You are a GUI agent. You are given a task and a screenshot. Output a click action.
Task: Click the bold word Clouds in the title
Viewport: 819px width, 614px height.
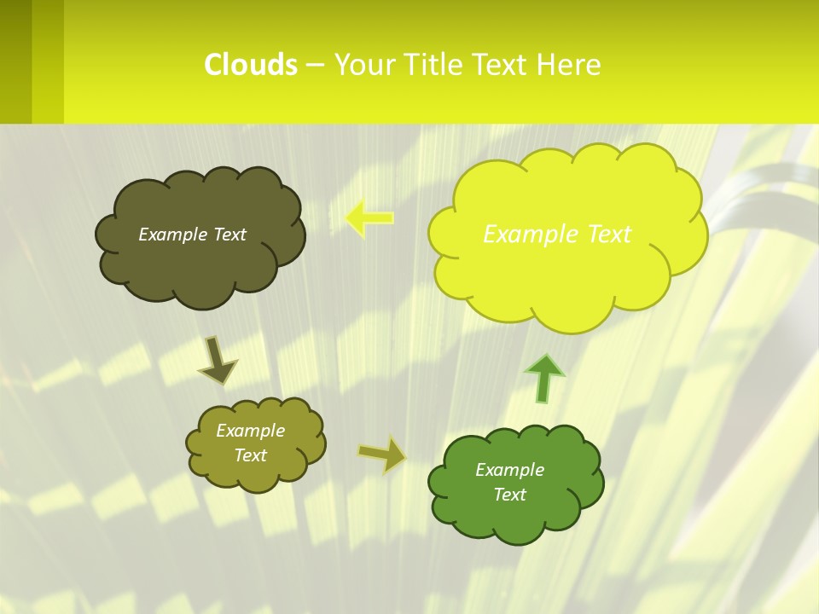pyautogui.click(x=251, y=65)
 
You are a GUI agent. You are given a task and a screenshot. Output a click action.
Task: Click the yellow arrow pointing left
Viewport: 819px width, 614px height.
pyautogui.click(x=369, y=218)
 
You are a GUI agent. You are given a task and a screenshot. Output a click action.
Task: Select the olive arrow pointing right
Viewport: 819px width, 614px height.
pyautogui.click(x=381, y=454)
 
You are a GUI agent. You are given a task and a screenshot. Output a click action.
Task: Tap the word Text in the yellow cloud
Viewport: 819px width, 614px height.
pyautogui.click(x=603, y=234)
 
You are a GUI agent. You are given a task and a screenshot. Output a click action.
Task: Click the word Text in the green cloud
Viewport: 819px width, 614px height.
pyautogui.click(x=509, y=495)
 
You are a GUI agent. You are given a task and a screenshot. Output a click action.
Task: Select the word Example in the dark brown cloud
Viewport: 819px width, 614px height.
pyautogui.click(x=171, y=235)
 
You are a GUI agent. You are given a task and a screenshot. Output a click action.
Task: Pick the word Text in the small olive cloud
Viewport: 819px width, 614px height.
pyautogui.click(x=250, y=455)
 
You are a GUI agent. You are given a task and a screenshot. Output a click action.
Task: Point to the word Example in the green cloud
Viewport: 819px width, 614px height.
pyautogui.click(x=509, y=470)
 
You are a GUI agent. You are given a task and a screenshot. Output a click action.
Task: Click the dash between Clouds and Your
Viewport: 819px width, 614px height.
pyautogui.click(x=315, y=66)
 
